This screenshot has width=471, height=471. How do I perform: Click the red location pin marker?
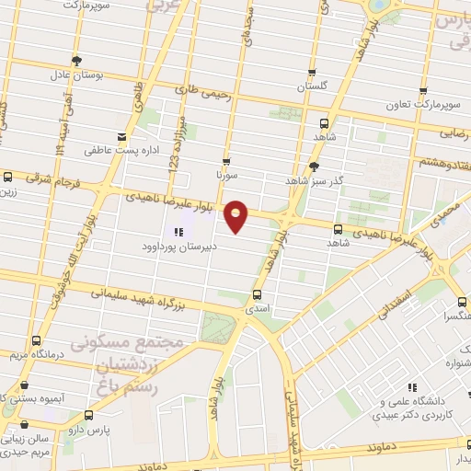tap(237, 215)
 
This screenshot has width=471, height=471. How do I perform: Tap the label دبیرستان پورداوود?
tap(178, 247)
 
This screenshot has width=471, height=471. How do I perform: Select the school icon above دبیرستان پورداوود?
tap(178, 232)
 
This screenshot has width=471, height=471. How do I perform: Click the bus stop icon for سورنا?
tap(225, 160)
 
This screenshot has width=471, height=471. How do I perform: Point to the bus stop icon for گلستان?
tap(312, 73)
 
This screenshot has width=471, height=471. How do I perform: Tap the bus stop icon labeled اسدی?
tap(257, 296)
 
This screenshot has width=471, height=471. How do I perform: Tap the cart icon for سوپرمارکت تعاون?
tap(423, 92)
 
